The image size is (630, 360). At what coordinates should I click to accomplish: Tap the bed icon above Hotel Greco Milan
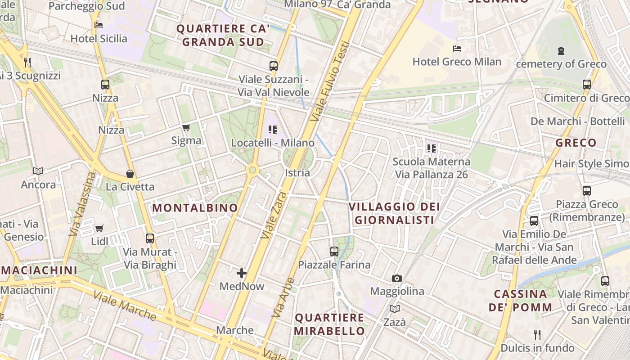(457, 48)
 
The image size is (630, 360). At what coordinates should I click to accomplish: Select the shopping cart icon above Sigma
(186, 127)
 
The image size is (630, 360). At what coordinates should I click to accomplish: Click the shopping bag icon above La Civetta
(130, 173)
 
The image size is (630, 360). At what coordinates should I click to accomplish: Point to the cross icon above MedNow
(242, 273)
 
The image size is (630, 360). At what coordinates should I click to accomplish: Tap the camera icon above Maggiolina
(396, 278)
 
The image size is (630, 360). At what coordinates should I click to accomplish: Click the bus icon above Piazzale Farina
(334, 252)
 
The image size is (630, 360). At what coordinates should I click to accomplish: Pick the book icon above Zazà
(394, 309)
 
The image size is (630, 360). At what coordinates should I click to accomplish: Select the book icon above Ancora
(38, 171)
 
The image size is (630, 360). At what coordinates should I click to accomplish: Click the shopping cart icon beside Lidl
(99, 228)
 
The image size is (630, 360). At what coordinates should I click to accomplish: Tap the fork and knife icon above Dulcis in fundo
(537, 334)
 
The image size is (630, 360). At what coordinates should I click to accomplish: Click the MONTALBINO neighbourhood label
(195, 208)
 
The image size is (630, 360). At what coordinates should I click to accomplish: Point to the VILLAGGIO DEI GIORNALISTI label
(394, 213)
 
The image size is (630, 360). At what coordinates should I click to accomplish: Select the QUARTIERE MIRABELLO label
(329, 324)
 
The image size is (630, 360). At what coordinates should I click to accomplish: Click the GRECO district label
(576, 143)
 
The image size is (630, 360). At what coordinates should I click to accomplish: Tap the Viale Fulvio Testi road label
(331, 81)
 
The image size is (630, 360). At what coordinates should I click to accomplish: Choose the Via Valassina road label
(80, 204)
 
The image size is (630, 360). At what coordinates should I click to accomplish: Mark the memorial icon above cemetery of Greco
(561, 51)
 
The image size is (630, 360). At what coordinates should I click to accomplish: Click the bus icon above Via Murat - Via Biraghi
(150, 238)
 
